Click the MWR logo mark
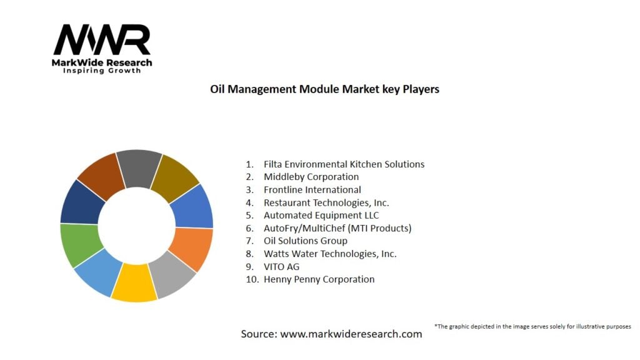tap(102, 40)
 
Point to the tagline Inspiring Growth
tap(102, 71)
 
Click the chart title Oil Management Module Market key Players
tap(324, 89)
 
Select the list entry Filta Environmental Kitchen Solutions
tap(344, 164)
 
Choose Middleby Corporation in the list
tap(311, 177)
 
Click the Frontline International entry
tap(312, 189)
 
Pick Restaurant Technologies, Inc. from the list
tap(326, 202)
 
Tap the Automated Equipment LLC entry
tap(321, 215)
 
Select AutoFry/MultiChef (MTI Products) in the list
tap(337, 228)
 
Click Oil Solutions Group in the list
tap(305, 241)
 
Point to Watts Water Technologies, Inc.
tap(330, 254)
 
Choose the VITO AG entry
tap(281, 266)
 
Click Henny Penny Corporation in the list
tap(319, 279)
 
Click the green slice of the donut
tap(79, 244)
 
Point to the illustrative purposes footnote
tap(532, 326)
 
